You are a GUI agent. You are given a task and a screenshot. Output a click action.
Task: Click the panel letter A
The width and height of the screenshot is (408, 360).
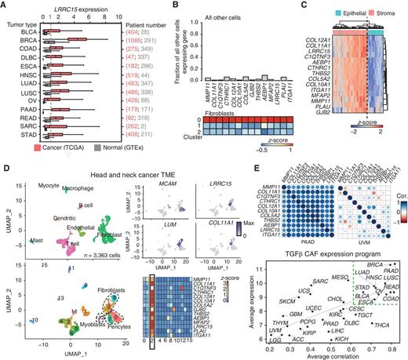(x=5, y=5)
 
